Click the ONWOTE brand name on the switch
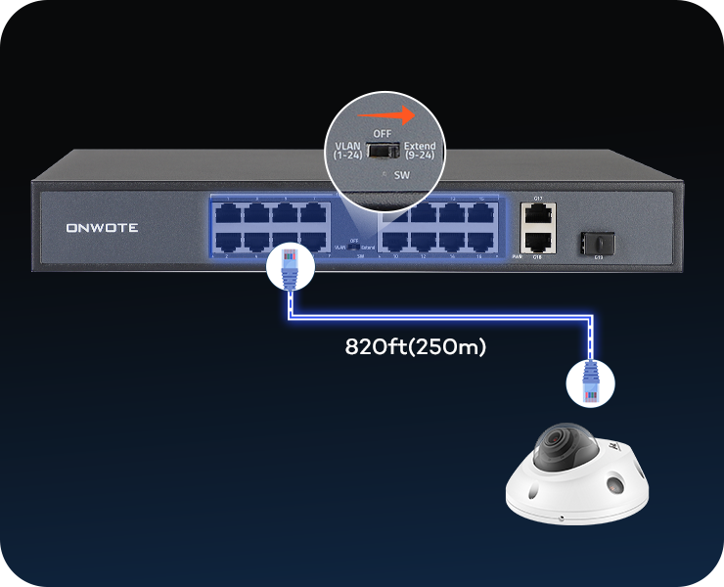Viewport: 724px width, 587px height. click(102, 228)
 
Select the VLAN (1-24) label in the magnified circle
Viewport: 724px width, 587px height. click(348, 150)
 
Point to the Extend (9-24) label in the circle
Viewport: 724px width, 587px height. click(420, 150)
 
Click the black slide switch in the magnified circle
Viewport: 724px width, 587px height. click(383, 151)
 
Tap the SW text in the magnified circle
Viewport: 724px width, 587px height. click(401, 175)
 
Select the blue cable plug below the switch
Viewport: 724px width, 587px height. click(291, 267)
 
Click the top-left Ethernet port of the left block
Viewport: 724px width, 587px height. click(228, 212)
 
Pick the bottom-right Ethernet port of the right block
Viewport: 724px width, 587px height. click(480, 239)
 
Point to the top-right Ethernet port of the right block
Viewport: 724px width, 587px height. click(480, 212)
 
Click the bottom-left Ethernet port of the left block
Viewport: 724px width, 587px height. click(228, 240)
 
